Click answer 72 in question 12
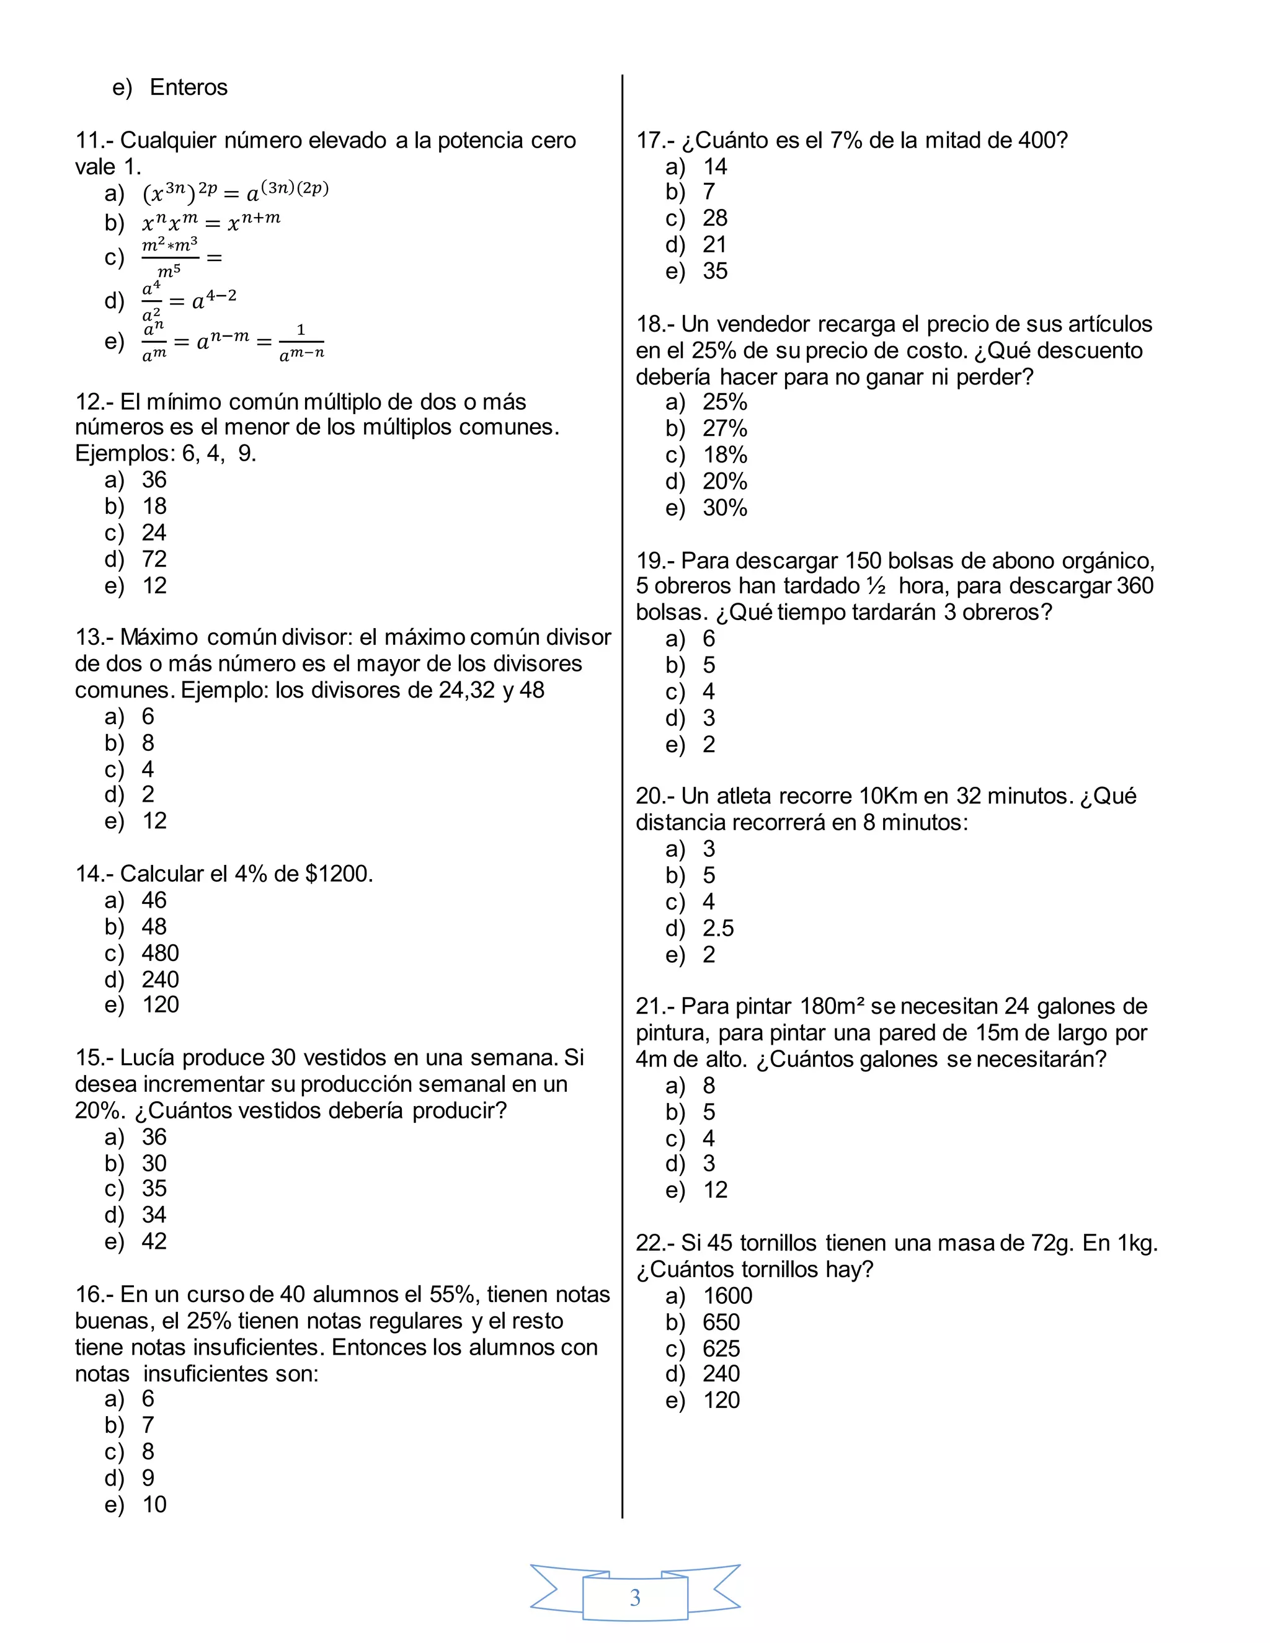pyautogui.click(x=154, y=559)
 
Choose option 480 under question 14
pyautogui.click(x=160, y=953)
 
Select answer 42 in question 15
pyautogui.click(x=154, y=1241)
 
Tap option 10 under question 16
pyautogui.click(x=154, y=1504)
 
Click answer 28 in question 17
pyautogui.click(x=715, y=218)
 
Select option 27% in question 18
pyautogui.click(x=724, y=429)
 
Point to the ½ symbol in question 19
pyautogui.click(x=876, y=586)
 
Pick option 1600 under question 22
pyautogui.click(x=727, y=1295)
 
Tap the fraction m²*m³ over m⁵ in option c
pyautogui.click(x=170, y=257)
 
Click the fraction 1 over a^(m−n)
pyautogui.click(x=301, y=342)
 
